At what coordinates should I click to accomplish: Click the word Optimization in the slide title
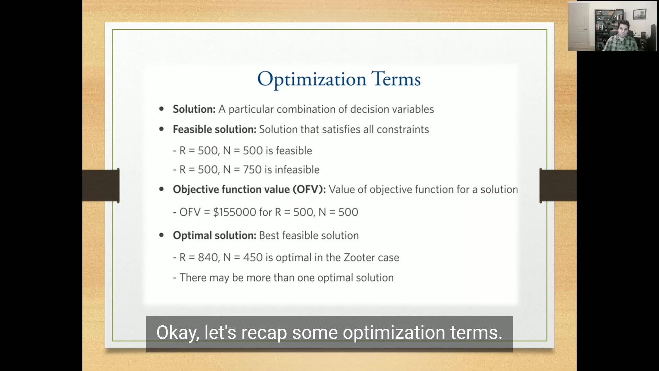(x=312, y=80)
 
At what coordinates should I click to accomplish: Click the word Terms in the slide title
(x=396, y=79)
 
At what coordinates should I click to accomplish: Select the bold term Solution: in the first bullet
(x=194, y=109)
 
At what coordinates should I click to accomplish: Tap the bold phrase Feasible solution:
(x=215, y=130)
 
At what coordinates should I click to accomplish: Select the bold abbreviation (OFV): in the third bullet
(x=309, y=190)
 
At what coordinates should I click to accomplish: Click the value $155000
(x=234, y=212)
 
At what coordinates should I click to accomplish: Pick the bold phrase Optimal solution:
(x=215, y=236)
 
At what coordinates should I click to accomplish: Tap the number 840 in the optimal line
(x=208, y=258)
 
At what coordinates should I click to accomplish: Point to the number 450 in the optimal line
(x=253, y=258)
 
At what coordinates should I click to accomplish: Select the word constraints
(x=403, y=130)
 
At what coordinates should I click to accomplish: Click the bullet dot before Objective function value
(x=162, y=190)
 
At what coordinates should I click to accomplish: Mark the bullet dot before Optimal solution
(x=162, y=235)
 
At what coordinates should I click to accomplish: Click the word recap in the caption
(x=264, y=333)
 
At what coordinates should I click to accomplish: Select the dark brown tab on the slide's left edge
(x=101, y=185)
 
